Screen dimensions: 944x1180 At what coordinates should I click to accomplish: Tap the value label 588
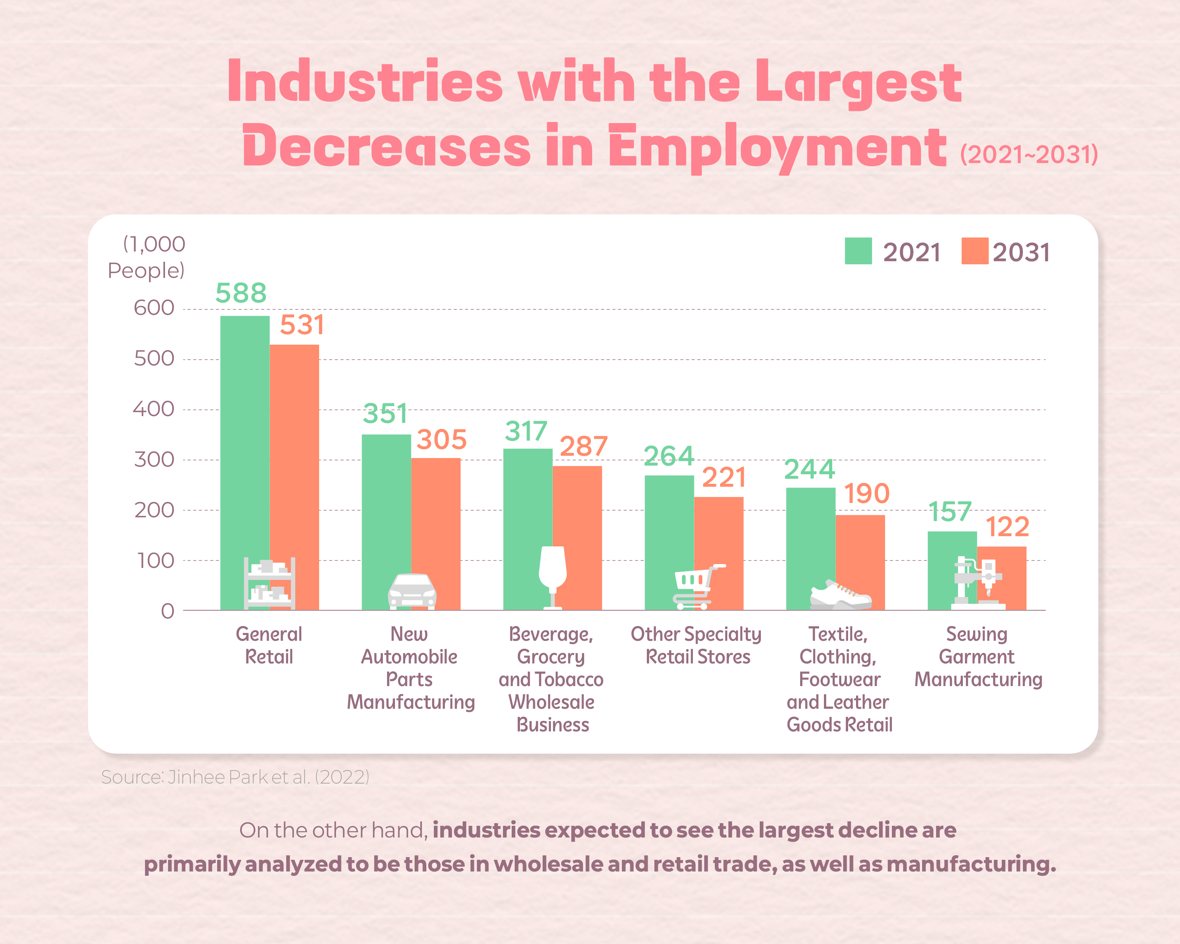click(241, 293)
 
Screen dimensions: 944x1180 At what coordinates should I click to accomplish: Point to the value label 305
click(441, 440)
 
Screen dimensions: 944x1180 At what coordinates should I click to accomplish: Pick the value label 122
click(1007, 527)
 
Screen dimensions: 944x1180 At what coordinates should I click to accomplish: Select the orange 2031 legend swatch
click(974, 251)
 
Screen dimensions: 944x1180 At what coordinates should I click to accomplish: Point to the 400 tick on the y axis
click(154, 409)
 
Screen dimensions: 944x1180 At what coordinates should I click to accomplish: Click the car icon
click(412, 591)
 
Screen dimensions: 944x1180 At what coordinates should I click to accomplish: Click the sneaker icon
click(840, 596)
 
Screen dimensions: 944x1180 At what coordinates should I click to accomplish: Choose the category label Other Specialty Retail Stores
click(696, 645)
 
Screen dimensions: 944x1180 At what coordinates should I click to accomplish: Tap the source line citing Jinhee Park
click(235, 777)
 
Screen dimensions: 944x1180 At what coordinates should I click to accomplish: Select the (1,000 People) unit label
click(147, 257)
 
